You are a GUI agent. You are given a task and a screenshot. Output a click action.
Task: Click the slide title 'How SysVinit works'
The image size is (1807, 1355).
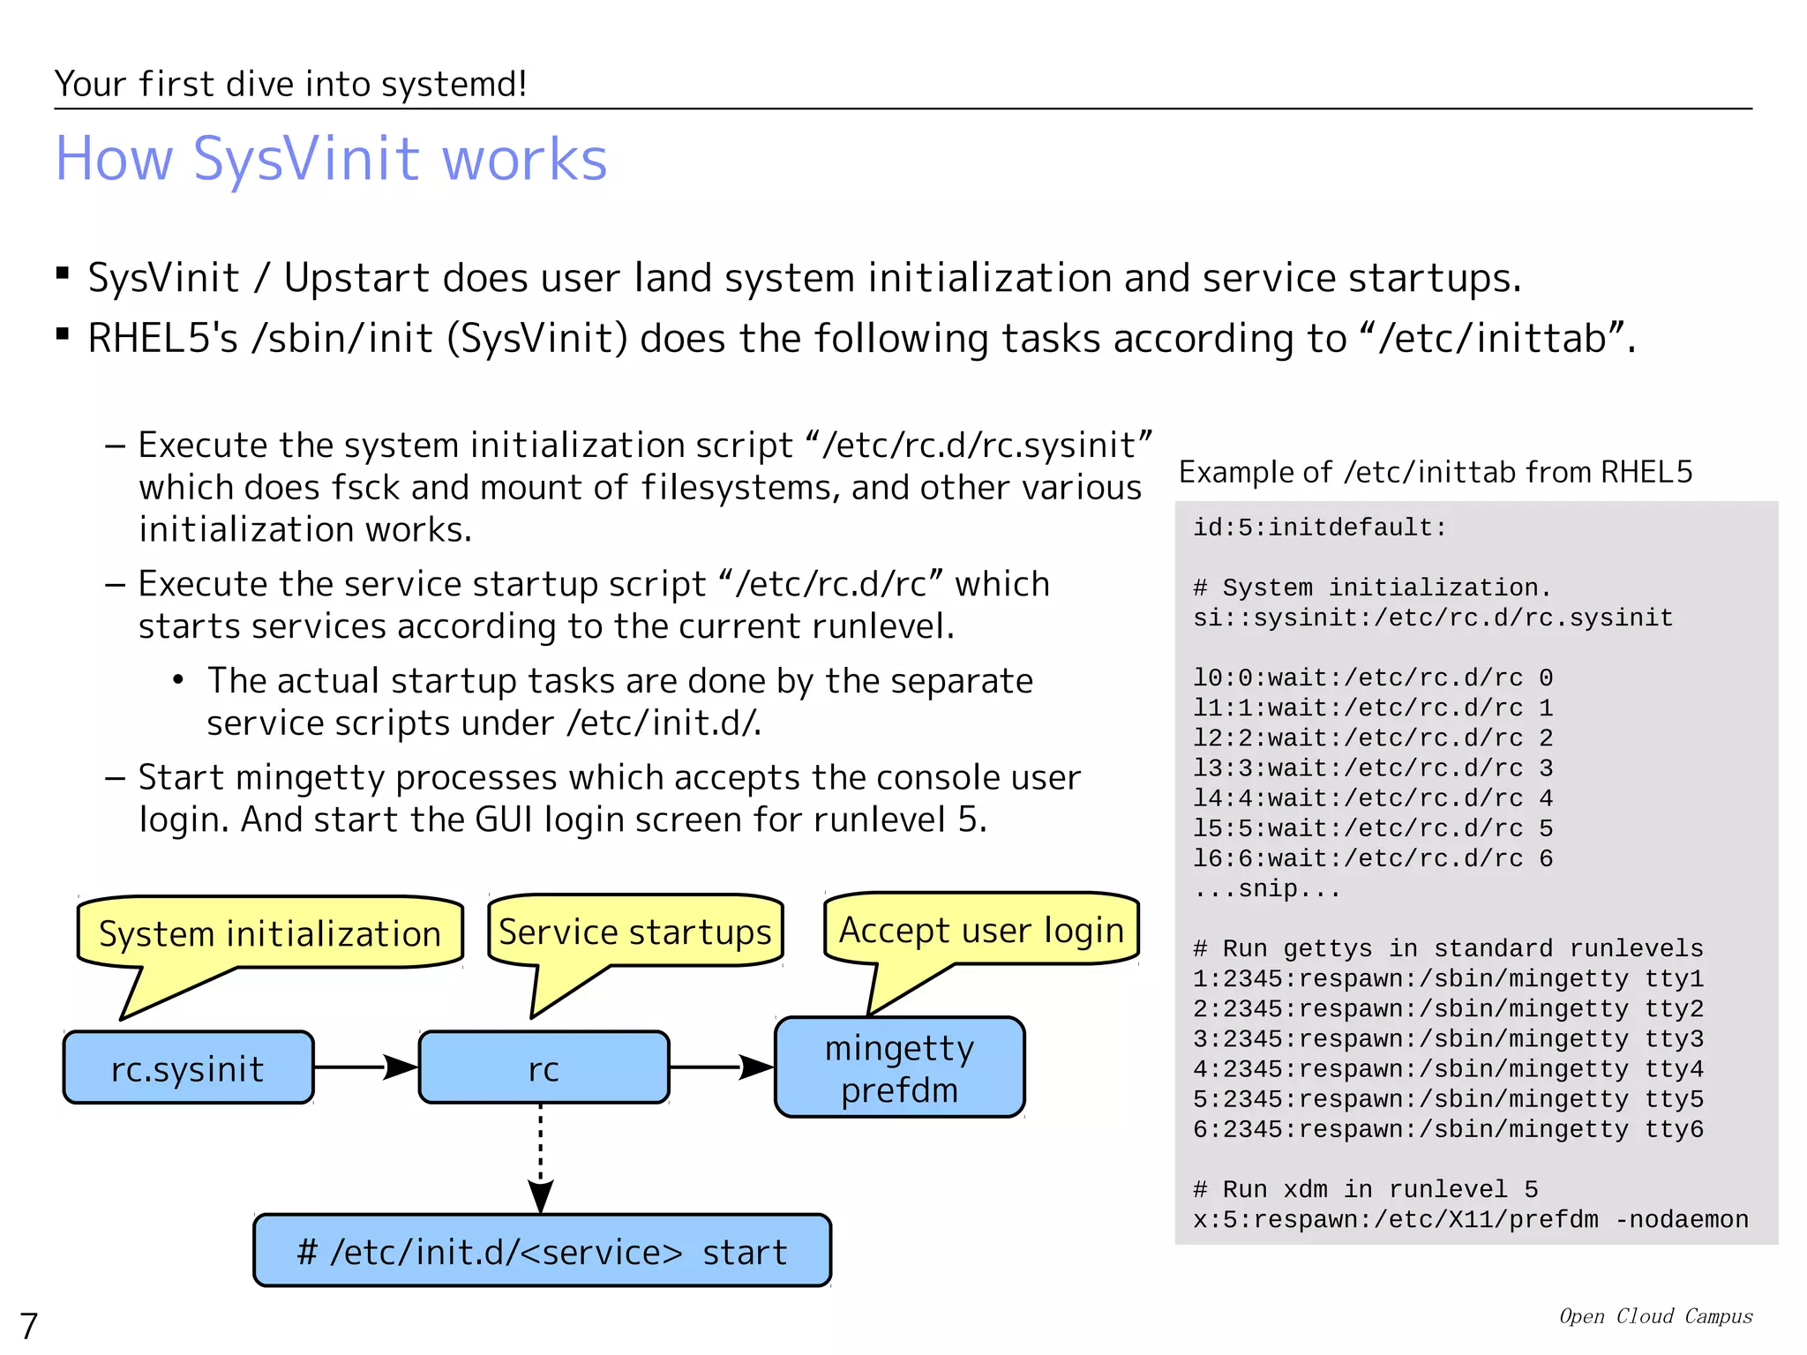[x=331, y=160]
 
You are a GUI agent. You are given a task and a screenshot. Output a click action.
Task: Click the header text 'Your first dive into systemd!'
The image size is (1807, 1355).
[x=290, y=85]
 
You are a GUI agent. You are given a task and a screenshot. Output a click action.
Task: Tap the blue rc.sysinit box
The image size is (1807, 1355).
[x=188, y=1068]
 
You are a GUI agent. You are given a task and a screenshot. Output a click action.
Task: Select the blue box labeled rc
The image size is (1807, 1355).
[x=544, y=1068]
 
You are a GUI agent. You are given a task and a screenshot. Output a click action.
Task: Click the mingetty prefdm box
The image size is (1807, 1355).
[x=899, y=1068]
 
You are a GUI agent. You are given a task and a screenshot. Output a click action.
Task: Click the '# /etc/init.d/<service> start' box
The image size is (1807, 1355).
[x=542, y=1251]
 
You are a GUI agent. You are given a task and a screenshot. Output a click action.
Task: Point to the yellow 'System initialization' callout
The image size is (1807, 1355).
[x=269, y=933]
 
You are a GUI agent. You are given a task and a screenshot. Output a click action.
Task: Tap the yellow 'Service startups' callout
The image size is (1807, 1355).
[x=634, y=932]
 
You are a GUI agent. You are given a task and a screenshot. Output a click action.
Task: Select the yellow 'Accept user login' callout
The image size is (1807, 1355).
[x=981, y=930]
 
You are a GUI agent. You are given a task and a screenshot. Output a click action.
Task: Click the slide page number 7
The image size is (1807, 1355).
[x=29, y=1326]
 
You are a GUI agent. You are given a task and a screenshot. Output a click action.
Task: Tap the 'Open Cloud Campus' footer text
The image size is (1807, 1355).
[x=1655, y=1316]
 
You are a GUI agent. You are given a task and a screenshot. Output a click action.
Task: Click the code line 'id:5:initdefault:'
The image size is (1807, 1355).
[x=1319, y=528]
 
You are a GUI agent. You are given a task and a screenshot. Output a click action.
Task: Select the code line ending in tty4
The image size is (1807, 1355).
[x=1447, y=1069]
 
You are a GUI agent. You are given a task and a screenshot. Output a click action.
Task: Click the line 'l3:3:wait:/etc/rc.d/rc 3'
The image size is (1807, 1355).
[x=1372, y=768]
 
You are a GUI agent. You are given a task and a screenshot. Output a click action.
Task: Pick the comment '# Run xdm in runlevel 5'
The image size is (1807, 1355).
[x=1365, y=1189]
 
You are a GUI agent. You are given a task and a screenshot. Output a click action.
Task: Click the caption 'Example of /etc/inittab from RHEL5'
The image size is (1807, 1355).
[x=1436, y=473]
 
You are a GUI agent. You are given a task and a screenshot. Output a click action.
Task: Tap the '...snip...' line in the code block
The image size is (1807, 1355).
[x=1266, y=888]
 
